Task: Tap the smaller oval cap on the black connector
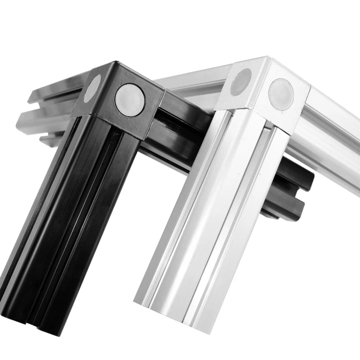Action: [93, 88]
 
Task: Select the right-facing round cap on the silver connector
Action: [281, 94]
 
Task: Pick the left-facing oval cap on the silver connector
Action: [241, 82]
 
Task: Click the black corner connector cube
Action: [118, 97]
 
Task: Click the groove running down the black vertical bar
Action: [85, 216]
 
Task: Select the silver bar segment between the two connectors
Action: [193, 85]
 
